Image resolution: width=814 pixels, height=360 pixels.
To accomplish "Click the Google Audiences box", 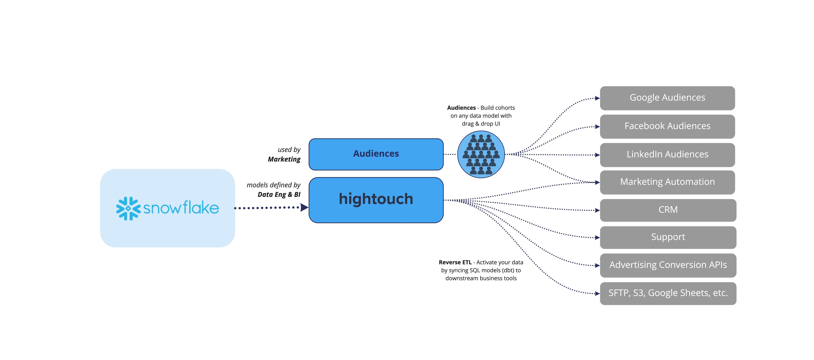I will coord(667,98).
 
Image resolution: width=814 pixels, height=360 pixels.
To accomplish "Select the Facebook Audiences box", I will coord(667,126).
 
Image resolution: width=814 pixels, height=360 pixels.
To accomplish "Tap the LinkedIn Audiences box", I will coord(667,155).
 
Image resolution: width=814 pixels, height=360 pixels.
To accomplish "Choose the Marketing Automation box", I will coord(667,182).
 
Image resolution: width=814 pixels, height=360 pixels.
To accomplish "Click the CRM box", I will coord(668,210).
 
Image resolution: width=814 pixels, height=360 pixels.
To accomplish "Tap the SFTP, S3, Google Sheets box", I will coord(668,293).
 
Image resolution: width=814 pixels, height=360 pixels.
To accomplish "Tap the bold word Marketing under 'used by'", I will coord(284,159).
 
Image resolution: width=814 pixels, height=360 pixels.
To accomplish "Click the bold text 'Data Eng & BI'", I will coord(279,195).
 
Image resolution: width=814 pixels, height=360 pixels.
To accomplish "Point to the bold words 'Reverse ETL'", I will coord(455,262).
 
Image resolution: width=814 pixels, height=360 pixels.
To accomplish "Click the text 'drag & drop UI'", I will coord(481,124).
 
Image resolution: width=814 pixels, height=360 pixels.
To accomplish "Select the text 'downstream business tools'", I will coord(481,278).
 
